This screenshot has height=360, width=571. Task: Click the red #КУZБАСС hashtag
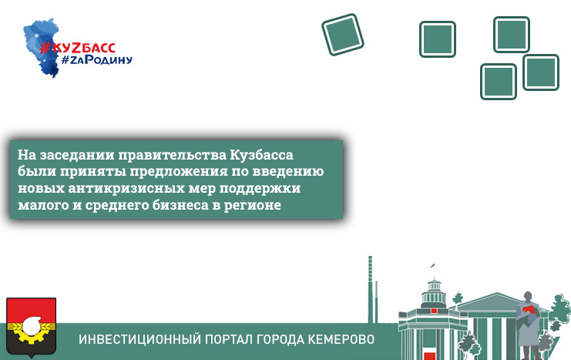click(77, 48)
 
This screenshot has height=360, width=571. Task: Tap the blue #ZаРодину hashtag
click(96, 60)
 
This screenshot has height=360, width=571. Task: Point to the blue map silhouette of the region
click(41, 47)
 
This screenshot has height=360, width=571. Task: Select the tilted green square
click(343, 35)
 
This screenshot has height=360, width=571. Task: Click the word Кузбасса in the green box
click(261, 155)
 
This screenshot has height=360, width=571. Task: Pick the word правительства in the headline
click(173, 156)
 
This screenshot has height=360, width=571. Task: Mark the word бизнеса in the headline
click(180, 205)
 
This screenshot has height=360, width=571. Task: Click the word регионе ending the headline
click(252, 206)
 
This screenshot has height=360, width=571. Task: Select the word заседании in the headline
click(77, 155)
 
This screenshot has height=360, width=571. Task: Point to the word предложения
click(179, 172)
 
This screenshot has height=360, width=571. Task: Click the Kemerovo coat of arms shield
click(32, 326)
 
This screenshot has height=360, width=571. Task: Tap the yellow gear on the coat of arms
click(32, 331)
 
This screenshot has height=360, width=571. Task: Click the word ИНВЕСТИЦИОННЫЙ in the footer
click(139, 339)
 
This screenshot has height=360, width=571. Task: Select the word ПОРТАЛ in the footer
click(229, 340)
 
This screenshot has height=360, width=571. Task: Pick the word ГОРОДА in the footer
click(280, 339)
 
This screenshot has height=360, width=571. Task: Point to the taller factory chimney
click(371, 289)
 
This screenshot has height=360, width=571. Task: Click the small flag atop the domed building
click(432, 266)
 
